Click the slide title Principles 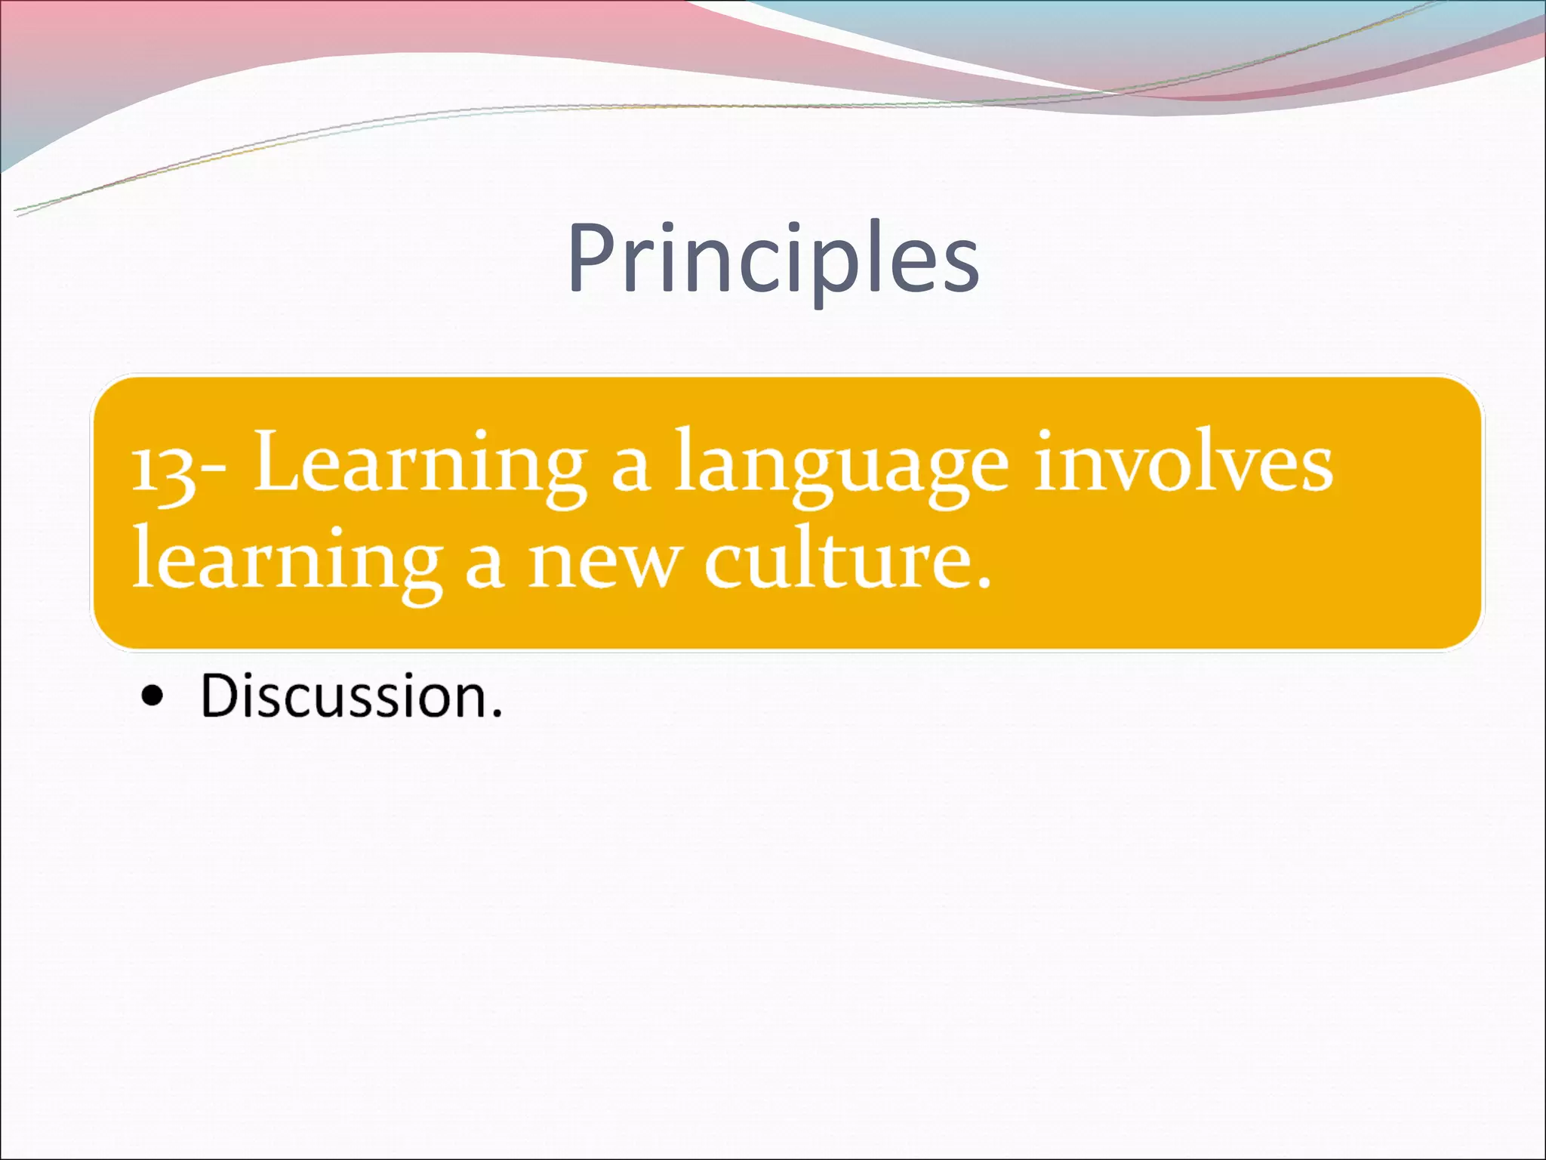tap(773, 258)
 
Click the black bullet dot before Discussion tap(152, 697)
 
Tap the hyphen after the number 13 tap(214, 472)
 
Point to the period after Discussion tap(495, 714)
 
